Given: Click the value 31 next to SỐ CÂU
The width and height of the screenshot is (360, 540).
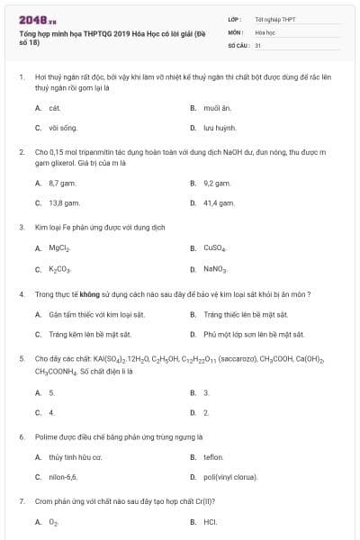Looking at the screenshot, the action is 258,43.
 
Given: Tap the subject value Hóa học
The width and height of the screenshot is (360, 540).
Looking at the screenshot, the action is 265,31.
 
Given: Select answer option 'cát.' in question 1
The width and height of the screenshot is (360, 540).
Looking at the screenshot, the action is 54,107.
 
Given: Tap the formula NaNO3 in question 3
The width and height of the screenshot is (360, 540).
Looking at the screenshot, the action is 216,269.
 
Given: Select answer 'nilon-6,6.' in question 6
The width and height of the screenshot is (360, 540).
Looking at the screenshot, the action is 63,477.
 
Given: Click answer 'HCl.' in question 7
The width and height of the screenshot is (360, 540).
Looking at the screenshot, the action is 211,521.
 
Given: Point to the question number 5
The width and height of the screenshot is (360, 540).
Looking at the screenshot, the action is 21,359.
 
